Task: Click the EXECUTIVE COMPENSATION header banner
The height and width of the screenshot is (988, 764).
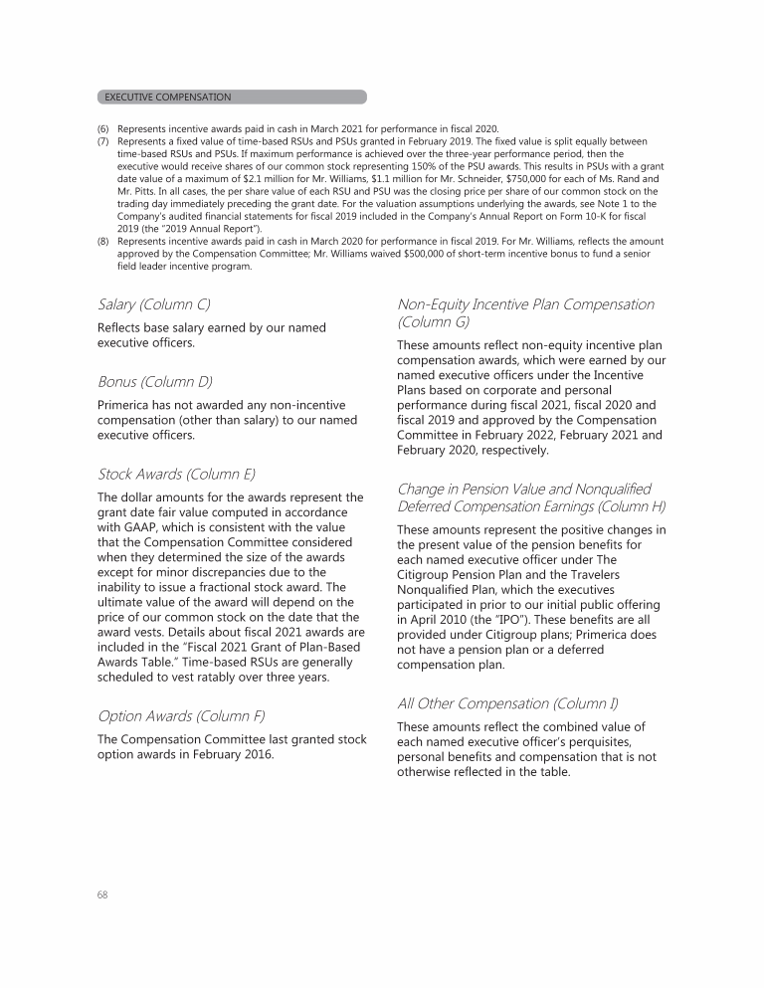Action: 232,98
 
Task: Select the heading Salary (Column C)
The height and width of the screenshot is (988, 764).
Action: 154,303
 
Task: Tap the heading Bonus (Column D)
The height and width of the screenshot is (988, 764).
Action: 154,381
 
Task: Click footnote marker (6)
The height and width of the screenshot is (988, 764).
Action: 102,129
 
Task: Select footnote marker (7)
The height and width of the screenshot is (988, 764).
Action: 102,142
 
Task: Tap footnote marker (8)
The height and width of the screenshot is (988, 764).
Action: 102,242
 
